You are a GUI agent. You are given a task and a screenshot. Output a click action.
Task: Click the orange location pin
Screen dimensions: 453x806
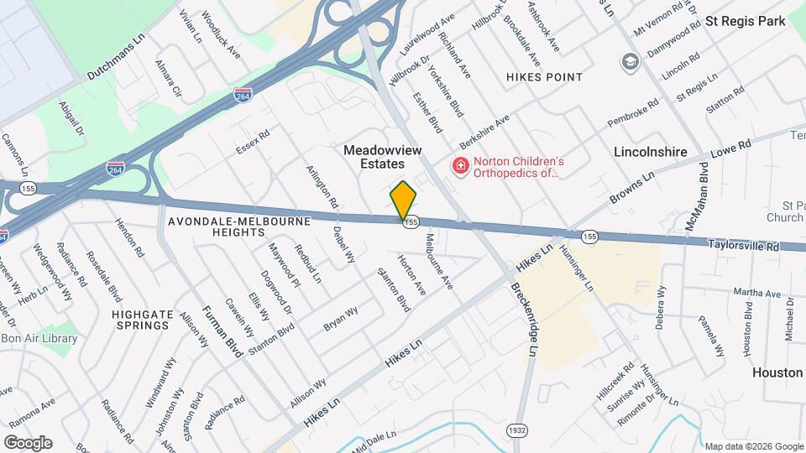click(404, 200)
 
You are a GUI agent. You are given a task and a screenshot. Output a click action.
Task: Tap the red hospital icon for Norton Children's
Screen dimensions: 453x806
click(460, 167)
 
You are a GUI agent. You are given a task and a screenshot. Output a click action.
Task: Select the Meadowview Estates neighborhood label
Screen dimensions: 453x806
click(382, 157)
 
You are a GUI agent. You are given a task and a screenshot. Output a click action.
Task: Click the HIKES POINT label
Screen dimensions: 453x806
click(544, 77)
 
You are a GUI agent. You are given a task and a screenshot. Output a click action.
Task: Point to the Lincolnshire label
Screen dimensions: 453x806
click(651, 153)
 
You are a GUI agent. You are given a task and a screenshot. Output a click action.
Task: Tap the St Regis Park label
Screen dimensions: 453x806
click(746, 21)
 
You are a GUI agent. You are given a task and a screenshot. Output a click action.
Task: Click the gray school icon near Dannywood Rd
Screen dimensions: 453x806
click(629, 61)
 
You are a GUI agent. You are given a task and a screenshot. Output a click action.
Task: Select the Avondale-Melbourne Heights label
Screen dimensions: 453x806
click(238, 226)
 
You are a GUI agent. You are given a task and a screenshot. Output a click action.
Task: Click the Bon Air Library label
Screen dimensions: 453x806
click(39, 339)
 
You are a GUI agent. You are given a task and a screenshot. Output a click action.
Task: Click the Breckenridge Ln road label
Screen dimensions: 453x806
click(522, 319)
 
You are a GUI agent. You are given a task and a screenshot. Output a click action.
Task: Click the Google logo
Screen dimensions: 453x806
click(28, 442)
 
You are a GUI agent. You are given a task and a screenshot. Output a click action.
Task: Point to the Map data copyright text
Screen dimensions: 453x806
click(753, 446)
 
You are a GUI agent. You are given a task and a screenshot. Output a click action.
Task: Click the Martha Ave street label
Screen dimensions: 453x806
click(757, 294)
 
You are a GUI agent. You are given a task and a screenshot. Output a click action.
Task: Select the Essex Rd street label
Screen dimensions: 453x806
click(253, 142)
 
